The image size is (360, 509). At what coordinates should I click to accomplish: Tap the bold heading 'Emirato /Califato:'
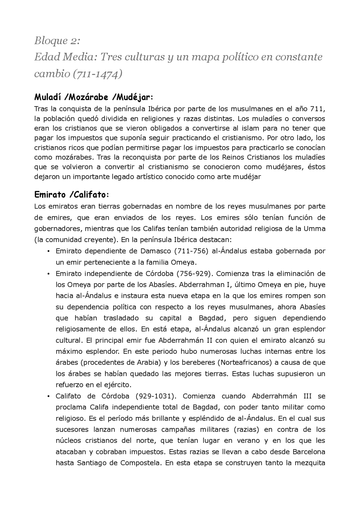tap(71, 194)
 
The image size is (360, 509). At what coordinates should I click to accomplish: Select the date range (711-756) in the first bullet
tap(191, 251)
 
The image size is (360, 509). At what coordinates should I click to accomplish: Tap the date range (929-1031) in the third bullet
tap(156, 396)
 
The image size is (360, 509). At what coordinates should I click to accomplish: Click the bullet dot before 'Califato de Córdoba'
tap(48, 396)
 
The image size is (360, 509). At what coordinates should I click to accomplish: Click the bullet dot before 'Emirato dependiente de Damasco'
tap(48, 251)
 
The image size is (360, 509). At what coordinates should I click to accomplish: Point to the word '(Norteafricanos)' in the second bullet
tap(245, 363)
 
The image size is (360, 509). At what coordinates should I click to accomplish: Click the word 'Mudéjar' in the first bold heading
tap(134, 98)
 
